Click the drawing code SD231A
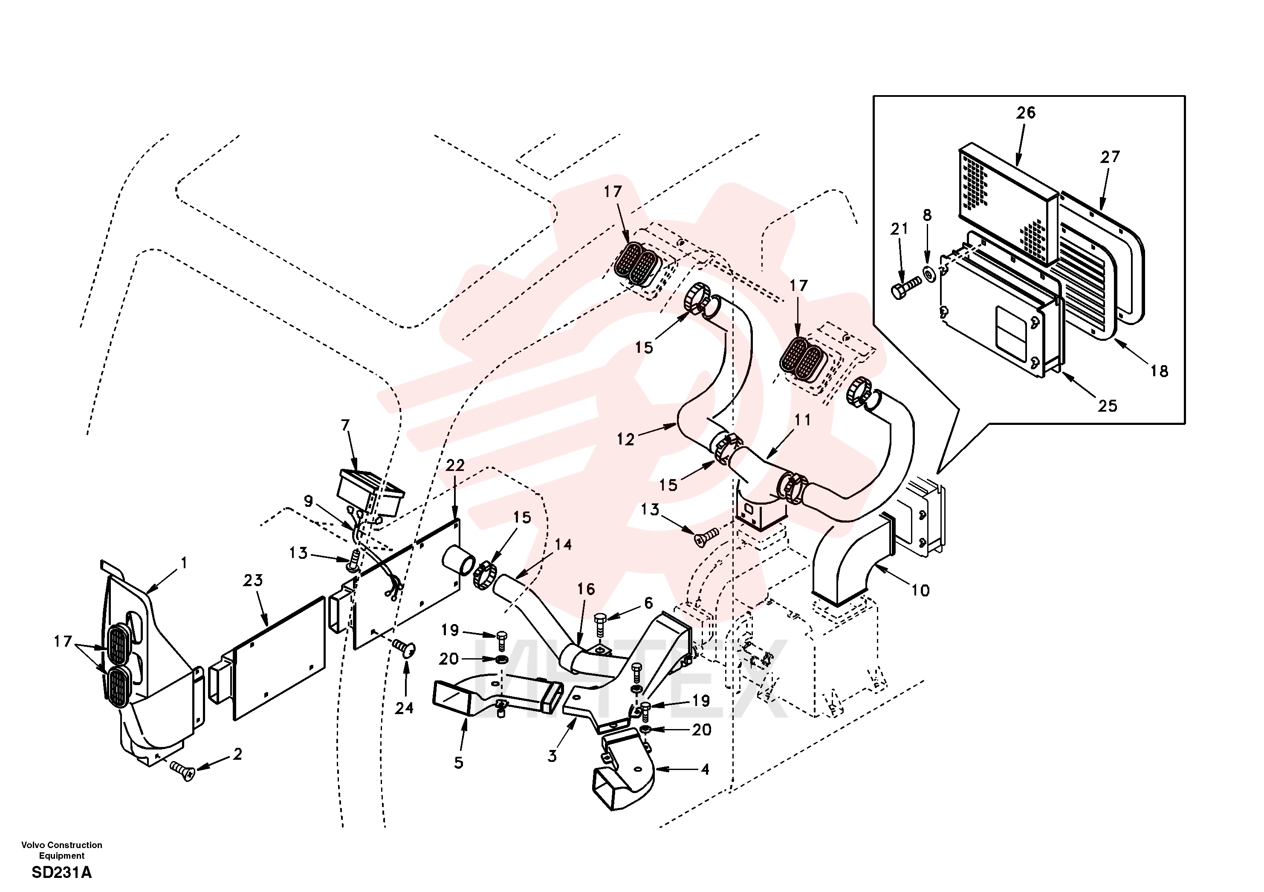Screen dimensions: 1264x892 point(62,873)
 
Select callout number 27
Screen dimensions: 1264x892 point(1110,157)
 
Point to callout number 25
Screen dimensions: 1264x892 point(1108,406)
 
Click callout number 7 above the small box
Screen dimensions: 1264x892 point(345,425)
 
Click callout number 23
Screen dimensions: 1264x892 point(253,580)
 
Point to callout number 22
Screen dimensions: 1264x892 point(455,465)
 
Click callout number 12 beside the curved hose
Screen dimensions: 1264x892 point(625,439)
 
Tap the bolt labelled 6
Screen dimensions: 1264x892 point(601,624)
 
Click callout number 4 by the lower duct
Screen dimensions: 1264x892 point(705,770)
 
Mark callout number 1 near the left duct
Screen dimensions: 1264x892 point(184,563)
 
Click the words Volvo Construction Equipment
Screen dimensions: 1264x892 point(62,850)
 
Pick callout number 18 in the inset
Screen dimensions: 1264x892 point(1159,371)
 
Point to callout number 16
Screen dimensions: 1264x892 point(586,589)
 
